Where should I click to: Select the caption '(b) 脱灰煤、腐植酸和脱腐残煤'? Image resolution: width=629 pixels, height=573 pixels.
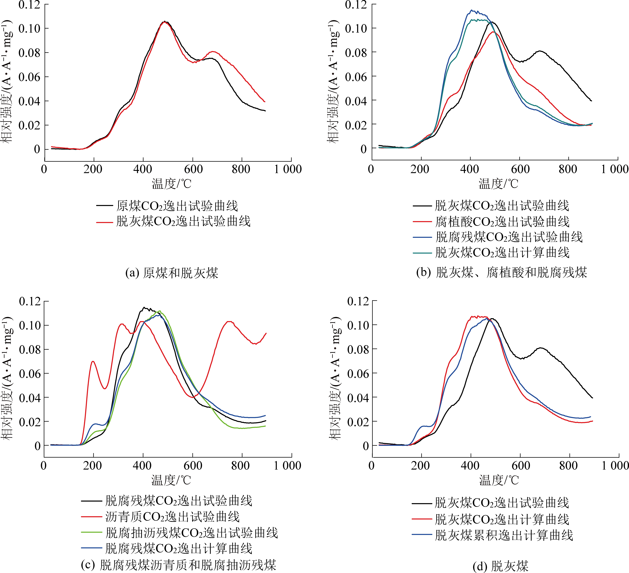501,273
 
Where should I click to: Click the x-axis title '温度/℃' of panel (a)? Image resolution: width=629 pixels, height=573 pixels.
172,183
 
